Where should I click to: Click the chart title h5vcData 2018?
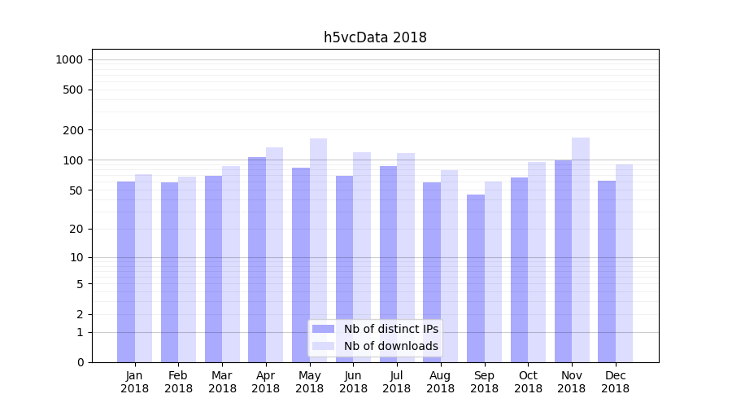tap(375, 37)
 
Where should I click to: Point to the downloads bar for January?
tap(143, 268)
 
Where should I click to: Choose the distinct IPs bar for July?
tap(388, 264)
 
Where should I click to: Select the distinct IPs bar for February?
tap(169, 272)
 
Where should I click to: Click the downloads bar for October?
tap(537, 261)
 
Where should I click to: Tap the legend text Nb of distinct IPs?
tap(390, 329)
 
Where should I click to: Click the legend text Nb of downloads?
tap(390, 346)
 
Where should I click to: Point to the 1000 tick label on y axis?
tap(69, 59)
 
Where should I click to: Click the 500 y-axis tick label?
tap(74, 90)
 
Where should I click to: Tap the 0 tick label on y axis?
tap(80, 362)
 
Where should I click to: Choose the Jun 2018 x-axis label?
tap(353, 382)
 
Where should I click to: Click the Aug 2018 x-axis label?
tap(440, 382)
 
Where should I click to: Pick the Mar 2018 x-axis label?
tap(222, 382)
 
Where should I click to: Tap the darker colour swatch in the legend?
tap(323, 329)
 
